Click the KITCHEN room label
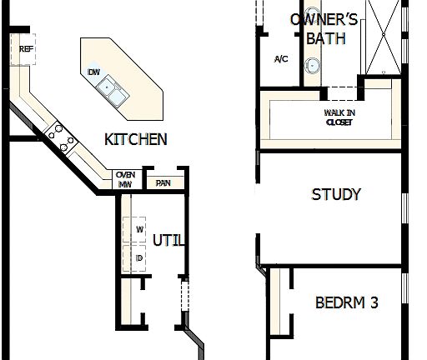[135, 139]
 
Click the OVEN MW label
[125, 179]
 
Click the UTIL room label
[168, 241]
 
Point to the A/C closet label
[281, 59]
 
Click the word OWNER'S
[323, 19]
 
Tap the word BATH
[325, 38]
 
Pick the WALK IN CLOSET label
[339, 117]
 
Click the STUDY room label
[336, 194]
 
